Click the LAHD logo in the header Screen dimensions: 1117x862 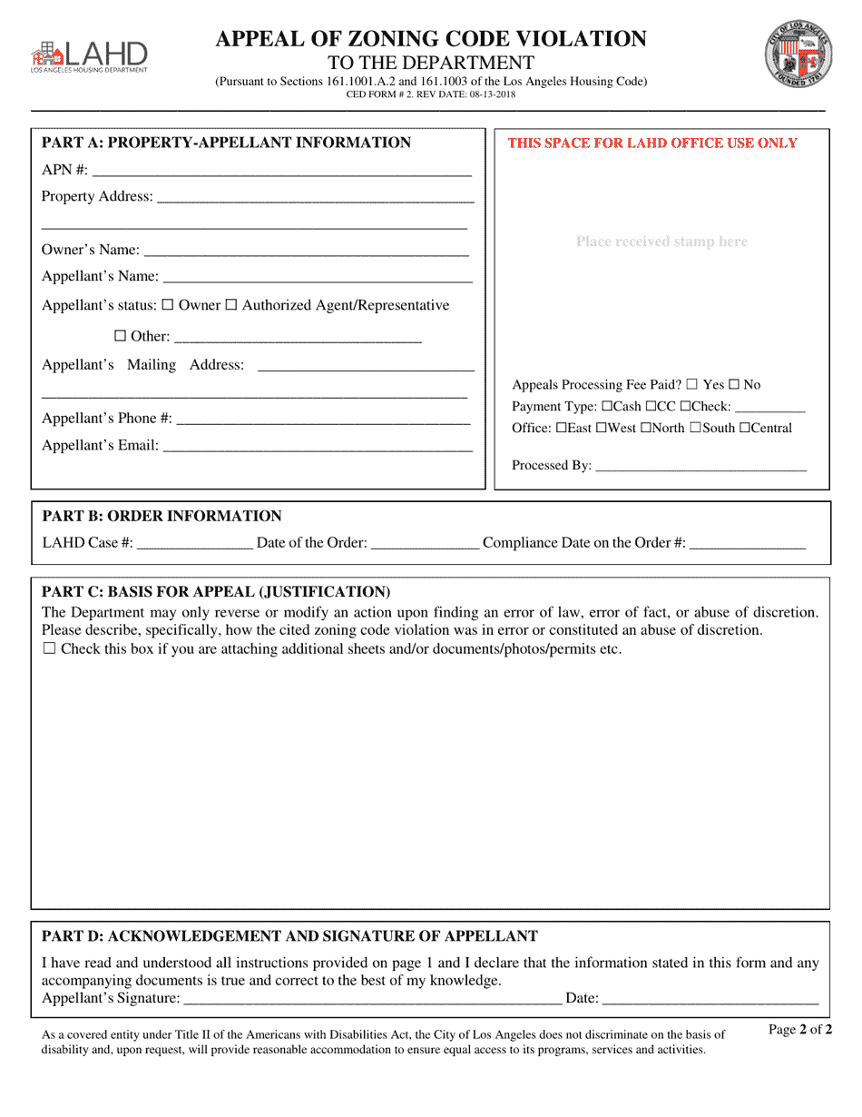(x=88, y=55)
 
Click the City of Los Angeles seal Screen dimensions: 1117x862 (x=798, y=54)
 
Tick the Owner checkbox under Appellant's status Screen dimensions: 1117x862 (x=168, y=306)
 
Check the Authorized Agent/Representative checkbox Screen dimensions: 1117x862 (x=231, y=306)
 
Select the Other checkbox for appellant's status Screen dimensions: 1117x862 (x=120, y=336)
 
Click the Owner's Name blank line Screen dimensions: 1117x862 (x=306, y=251)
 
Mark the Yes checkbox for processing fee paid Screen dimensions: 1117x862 (x=692, y=385)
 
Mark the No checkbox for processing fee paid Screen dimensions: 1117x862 (x=734, y=385)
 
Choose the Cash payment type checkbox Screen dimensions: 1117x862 (x=607, y=407)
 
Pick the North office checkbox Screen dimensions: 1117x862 (x=646, y=429)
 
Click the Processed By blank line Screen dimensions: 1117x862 (x=700, y=466)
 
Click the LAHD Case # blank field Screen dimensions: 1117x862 (x=194, y=543)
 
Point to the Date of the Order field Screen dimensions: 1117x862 (x=426, y=543)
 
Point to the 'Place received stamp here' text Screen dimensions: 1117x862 (x=661, y=242)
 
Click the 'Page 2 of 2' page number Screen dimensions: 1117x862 (x=799, y=1030)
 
